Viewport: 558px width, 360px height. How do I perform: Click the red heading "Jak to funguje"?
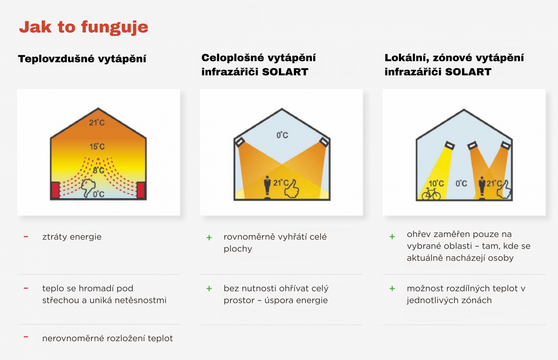[x=84, y=27]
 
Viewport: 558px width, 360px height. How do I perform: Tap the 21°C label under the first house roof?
[x=97, y=122]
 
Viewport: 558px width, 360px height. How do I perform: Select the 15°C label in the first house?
[x=97, y=146]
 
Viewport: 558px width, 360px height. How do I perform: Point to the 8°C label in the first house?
[x=98, y=170]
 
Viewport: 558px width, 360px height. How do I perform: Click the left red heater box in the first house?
[x=55, y=190]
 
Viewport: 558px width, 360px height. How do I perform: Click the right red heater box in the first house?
[x=141, y=190]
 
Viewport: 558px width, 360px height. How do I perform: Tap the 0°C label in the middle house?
[x=282, y=135]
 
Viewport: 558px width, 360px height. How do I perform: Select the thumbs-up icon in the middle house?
[x=292, y=189]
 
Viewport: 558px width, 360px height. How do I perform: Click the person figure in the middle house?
[x=267, y=187]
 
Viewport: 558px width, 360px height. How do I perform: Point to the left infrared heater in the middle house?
[x=240, y=142]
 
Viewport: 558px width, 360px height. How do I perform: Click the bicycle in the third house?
[x=431, y=194]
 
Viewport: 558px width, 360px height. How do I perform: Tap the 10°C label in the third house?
[x=436, y=184]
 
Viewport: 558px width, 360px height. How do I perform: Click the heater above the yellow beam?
[x=450, y=145]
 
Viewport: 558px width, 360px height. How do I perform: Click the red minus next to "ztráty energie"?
[x=26, y=237]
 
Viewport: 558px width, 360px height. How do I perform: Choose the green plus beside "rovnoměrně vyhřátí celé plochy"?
[x=209, y=238]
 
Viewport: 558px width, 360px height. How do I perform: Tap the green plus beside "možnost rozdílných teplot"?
[x=392, y=289]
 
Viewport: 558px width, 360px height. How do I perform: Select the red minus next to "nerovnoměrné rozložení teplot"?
[x=26, y=337]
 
